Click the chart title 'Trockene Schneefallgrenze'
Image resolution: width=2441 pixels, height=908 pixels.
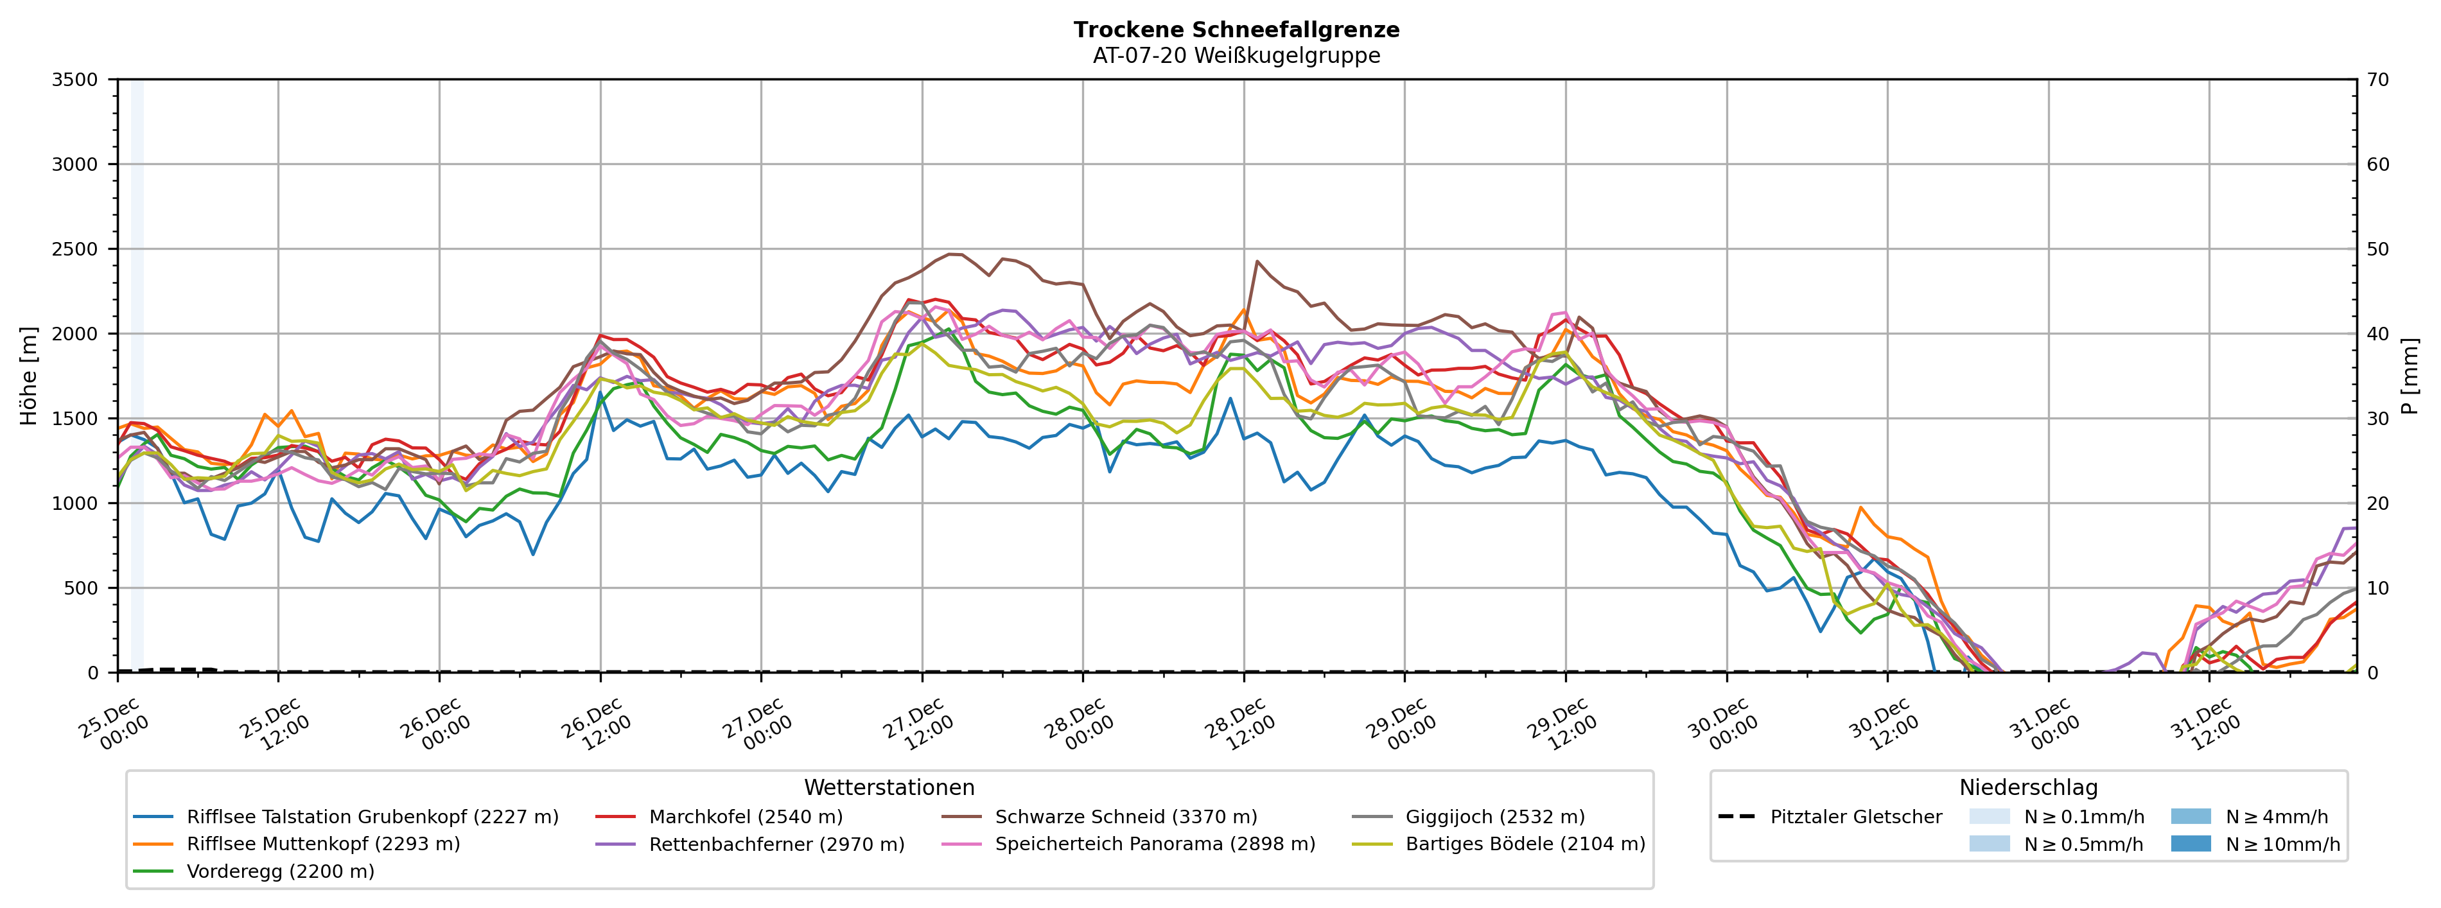pos(1236,30)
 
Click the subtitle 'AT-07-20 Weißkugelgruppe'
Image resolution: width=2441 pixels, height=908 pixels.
pos(1236,55)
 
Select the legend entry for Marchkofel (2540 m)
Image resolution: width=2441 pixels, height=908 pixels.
pos(745,816)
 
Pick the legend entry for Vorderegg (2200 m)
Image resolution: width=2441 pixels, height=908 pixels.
pos(279,871)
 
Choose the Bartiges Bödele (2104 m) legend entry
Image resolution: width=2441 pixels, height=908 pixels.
pos(1525,844)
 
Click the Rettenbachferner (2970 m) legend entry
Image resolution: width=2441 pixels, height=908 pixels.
pos(776,844)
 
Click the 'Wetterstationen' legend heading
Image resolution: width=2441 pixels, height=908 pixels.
pos(889,788)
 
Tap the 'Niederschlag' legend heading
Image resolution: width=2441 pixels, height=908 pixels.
pos(2029,788)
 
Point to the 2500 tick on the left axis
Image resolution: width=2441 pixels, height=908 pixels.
pos(75,249)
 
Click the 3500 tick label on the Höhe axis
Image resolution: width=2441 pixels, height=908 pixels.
pos(75,80)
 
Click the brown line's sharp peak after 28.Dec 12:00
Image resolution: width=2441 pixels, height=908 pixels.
pos(1257,261)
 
